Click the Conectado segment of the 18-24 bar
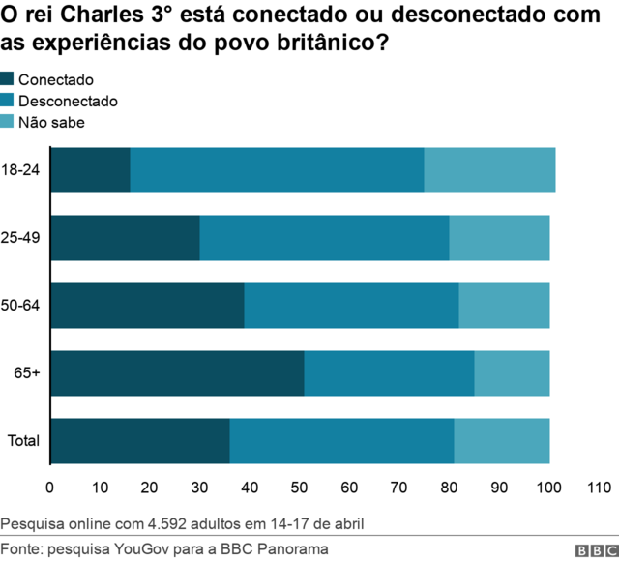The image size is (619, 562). click(x=90, y=170)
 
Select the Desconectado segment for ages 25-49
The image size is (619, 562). click(x=324, y=238)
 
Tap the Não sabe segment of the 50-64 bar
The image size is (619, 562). click(x=504, y=306)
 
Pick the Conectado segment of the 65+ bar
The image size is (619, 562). click(x=177, y=373)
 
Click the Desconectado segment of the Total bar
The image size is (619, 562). click(x=341, y=441)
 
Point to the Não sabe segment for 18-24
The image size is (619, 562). click(x=489, y=170)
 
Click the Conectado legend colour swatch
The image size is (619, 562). click(x=8, y=80)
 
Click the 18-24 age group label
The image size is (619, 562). click(x=21, y=170)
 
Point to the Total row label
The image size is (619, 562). click(x=23, y=441)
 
